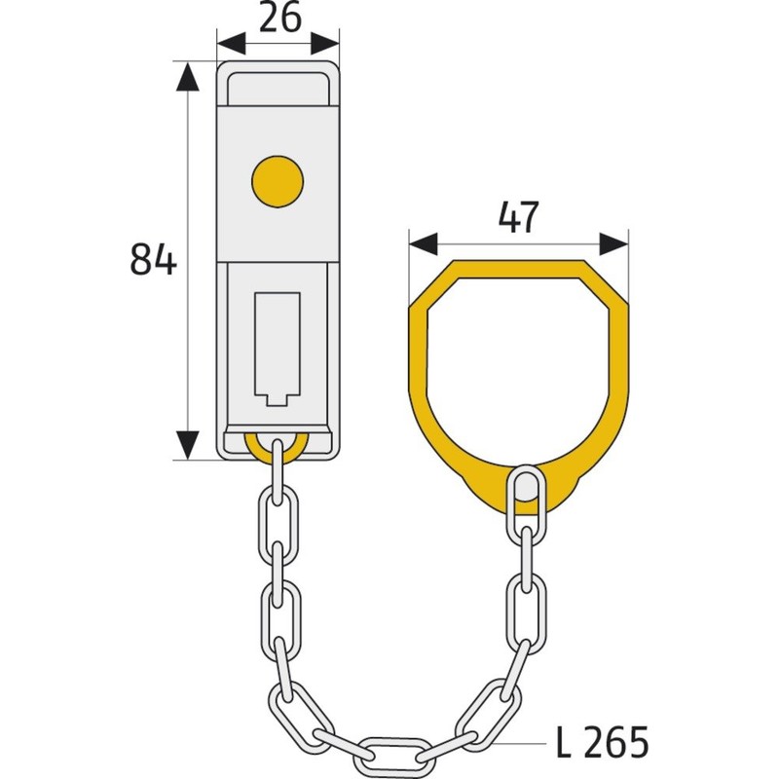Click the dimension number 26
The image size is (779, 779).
tap(278, 19)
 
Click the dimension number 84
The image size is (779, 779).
tap(153, 260)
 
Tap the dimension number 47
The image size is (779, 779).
tap(518, 216)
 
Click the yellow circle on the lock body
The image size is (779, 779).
tap(278, 179)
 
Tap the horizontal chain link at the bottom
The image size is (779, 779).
tap(394, 752)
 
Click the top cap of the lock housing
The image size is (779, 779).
tap(278, 84)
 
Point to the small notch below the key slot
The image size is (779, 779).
tap(278, 398)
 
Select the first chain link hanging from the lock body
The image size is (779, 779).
tap(278, 472)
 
